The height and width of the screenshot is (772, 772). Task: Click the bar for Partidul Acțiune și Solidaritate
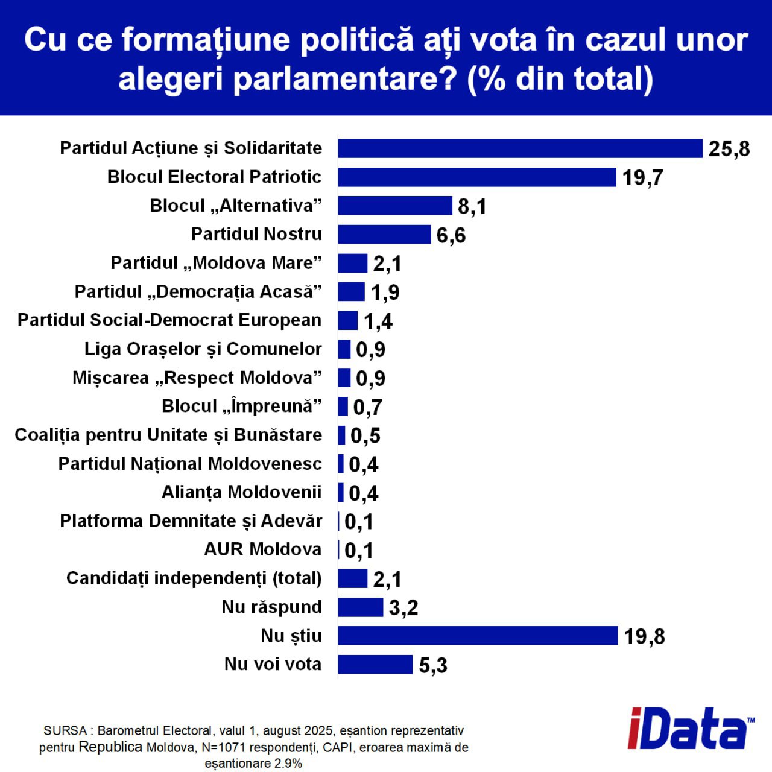click(520, 148)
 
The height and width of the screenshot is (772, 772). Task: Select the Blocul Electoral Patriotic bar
click(476, 177)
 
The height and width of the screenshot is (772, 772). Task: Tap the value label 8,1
click(472, 206)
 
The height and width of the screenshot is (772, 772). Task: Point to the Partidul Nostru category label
click(256, 234)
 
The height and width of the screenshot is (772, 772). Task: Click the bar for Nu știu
click(478, 636)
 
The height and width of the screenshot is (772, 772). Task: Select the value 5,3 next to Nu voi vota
click(433, 665)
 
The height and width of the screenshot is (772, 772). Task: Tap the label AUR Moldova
click(262, 549)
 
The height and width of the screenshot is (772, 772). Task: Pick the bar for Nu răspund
click(360, 607)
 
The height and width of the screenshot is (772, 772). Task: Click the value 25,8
click(729, 149)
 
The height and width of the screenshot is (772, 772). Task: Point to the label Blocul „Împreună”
click(241, 407)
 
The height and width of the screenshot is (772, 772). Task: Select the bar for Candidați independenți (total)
click(352, 578)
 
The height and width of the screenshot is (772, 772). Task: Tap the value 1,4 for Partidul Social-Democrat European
click(378, 321)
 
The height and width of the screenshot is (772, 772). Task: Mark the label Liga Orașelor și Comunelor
click(203, 349)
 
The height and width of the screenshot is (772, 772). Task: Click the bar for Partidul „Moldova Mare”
click(352, 264)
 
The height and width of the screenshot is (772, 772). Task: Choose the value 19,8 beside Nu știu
click(644, 637)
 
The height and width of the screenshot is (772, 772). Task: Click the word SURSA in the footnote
click(65, 731)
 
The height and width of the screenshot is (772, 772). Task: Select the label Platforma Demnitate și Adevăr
click(191, 521)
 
